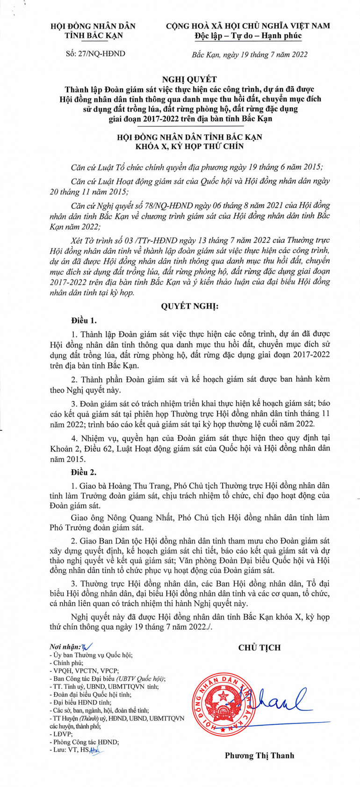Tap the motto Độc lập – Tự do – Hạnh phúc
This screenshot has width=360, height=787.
click(x=248, y=36)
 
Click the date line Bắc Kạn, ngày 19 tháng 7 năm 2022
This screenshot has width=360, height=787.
click(x=250, y=54)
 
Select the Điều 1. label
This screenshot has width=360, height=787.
click(x=84, y=321)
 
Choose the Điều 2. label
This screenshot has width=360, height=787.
click(x=84, y=472)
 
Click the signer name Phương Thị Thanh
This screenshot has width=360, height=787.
click(x=259, y=755)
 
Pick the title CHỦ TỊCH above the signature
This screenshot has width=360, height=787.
click(x=259, y=647)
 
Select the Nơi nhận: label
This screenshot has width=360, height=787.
click(x=65, y=647)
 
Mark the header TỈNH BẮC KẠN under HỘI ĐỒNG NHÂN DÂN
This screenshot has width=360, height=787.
click(x=93, y=36)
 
